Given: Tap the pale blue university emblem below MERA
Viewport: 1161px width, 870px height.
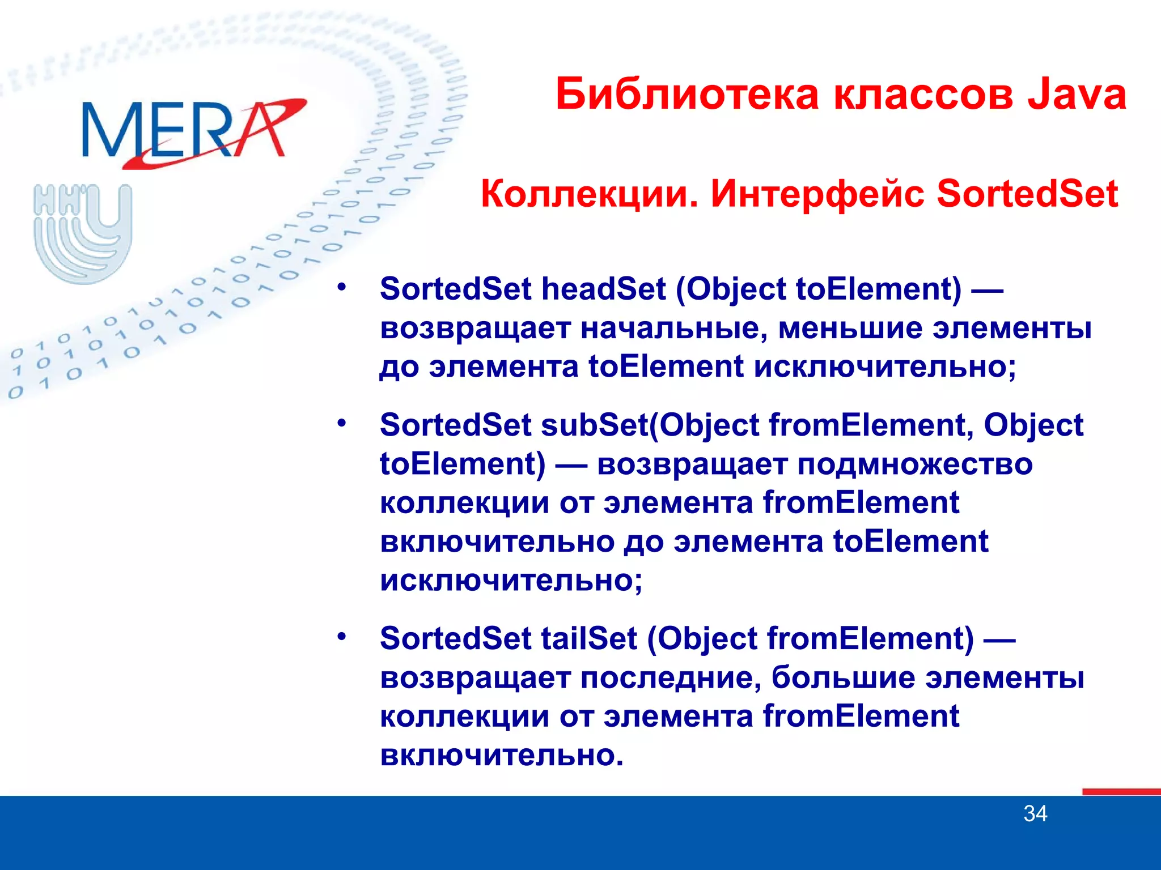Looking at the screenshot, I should [x=83, y=233].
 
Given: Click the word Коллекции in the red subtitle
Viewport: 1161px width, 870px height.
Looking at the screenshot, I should [x=590, y=194].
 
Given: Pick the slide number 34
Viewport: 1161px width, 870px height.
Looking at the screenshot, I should [x=1035, y=814].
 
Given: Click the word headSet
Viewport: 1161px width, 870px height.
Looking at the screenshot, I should [x=603, y=289].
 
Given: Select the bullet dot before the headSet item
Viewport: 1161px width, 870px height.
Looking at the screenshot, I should [x=341, y=287].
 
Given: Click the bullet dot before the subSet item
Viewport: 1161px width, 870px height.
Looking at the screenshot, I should [x=341, y=423].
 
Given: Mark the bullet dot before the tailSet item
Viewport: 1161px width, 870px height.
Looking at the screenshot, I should [x=341, y=637].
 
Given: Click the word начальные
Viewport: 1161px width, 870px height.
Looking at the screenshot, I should [x=674, y=329].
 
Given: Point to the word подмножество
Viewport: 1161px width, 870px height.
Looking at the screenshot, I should [x=915, y=464].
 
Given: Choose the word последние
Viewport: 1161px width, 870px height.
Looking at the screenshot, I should [x=670, y=678].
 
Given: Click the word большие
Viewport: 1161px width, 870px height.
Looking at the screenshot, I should [x=843, y=678].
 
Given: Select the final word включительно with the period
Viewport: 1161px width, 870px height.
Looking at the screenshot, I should [x=501, y=755].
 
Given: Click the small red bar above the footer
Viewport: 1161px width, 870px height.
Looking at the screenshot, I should [x=1121, y=791].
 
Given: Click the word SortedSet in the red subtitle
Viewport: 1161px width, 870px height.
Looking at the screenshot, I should [x=1027, y=194].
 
